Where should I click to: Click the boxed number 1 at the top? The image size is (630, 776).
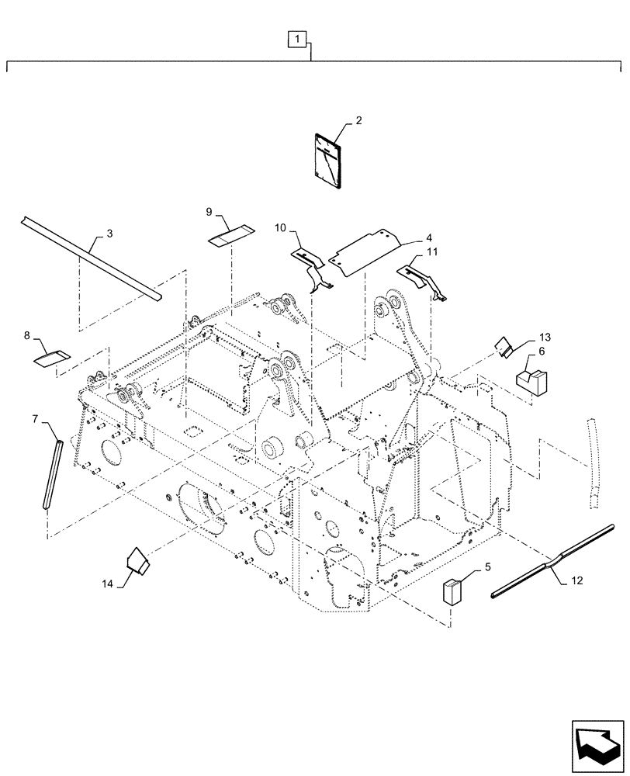[x=299, y=37]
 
